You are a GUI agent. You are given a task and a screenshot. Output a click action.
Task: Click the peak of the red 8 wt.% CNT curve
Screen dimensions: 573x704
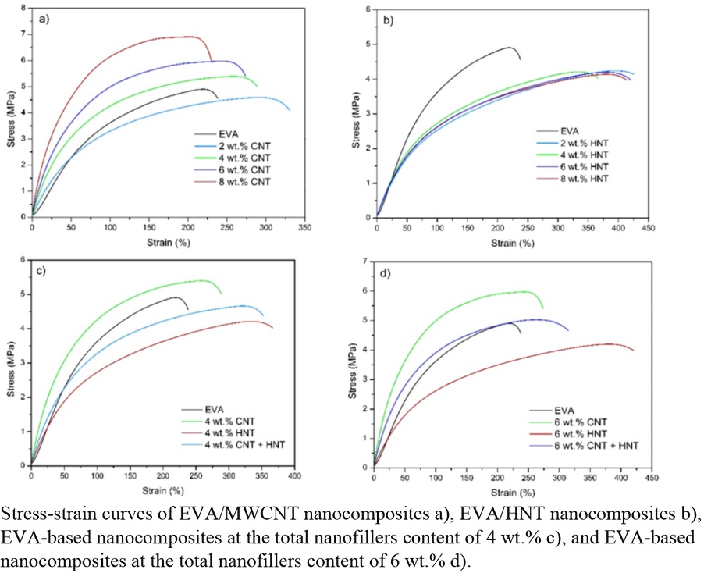[187, 36]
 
